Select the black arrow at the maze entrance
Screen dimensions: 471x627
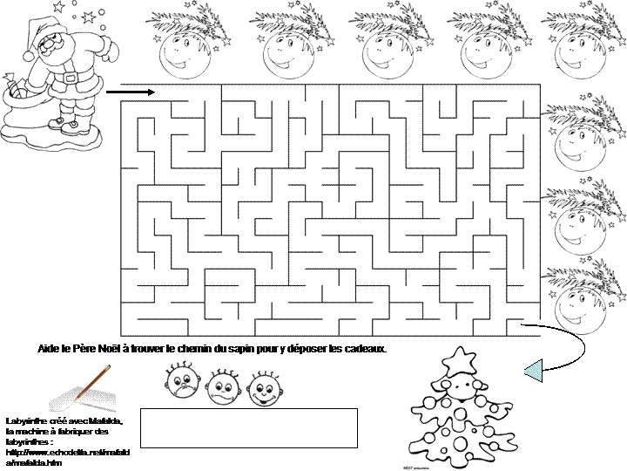(131, 91)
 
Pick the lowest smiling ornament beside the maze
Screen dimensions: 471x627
(575, 302)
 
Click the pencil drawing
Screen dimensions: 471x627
(91, 383)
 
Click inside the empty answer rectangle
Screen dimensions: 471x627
(248, 427)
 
